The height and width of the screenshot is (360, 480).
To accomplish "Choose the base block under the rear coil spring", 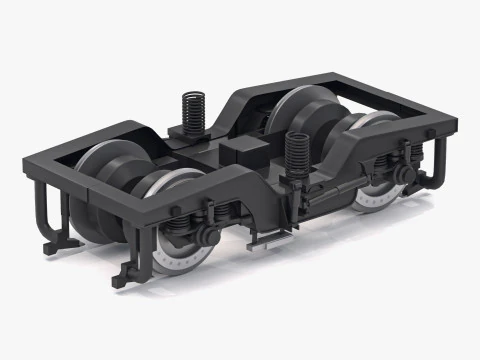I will pos(192,136).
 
